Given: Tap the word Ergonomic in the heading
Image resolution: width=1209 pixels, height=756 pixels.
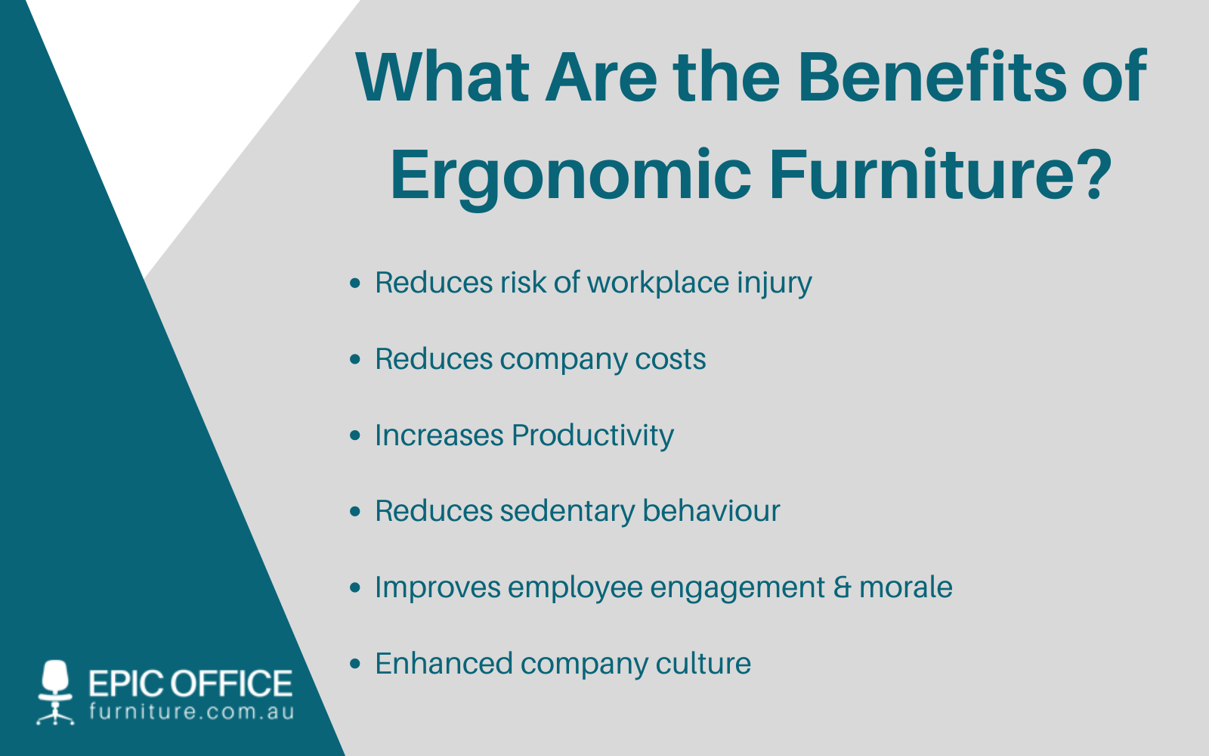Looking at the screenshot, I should pyautogui.click(x=570, y=175).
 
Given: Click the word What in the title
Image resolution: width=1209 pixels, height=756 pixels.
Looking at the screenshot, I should pyautogui.click(x=443, y=77).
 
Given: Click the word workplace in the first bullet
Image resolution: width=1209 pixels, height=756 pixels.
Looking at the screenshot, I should pyautogui.click(x=658, y=283).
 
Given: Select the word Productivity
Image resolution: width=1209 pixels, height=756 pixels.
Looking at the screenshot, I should pyautogui.click(x=592, y=436).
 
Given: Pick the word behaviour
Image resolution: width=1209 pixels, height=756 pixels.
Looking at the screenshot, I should pyautogui.click(x=711, y=512).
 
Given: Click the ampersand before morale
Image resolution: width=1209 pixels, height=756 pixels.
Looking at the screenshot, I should pyautogui.click(x=842, y=588).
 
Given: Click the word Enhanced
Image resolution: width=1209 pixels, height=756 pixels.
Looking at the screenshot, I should pyautogui.click(x=444, y=664).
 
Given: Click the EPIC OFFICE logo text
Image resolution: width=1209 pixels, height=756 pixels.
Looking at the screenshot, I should pyautogui.click(x=190, y=683).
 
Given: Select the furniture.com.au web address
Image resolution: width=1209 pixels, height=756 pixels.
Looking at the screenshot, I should pyautogui.click(x=191, y=712).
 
